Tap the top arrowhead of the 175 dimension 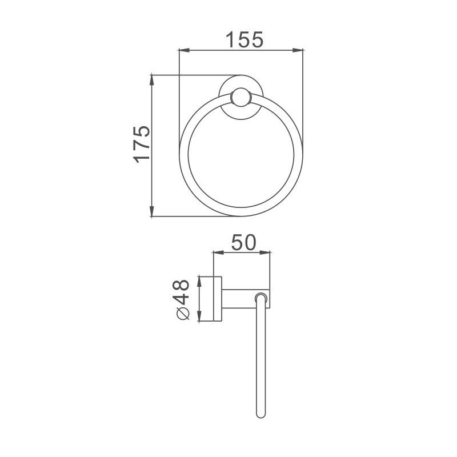152,78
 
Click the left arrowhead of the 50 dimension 216,252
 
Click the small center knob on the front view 239,98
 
